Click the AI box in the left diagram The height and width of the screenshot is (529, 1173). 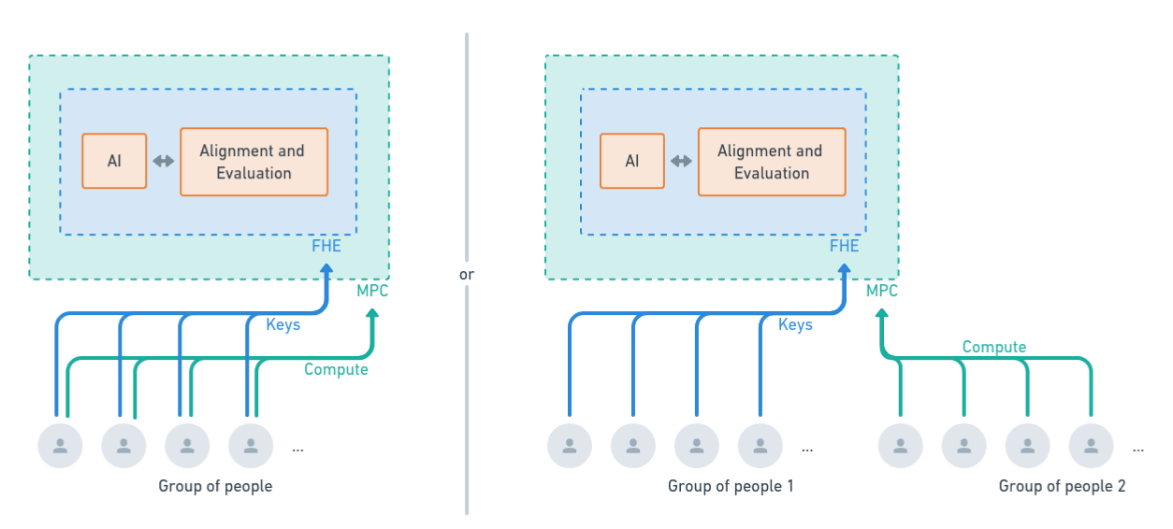click(114, 162)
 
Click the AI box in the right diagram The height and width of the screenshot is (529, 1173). click(632, 162)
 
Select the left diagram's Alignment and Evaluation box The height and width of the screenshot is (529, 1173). click(253, 162)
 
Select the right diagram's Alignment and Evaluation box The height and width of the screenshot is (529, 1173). click(772, 162)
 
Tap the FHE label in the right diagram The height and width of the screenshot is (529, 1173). click(844, 247)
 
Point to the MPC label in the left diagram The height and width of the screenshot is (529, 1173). click(372, 292)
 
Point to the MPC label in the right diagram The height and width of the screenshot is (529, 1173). click(881, 292)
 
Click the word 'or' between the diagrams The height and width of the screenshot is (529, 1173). click(467, 275)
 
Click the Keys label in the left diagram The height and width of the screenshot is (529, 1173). click(283, 325)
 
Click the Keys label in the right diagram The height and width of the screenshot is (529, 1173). click(795, 325)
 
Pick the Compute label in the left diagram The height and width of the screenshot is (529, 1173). click(337, 370)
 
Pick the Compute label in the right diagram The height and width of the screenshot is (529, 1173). click(993, 348)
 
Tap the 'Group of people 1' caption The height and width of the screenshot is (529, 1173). click(730, 486)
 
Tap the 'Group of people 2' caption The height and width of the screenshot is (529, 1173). click(1062, 486)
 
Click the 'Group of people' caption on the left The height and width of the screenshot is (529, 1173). click(215, 486)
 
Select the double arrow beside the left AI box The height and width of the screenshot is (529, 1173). click(164, 162)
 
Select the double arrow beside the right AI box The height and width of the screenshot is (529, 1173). click(681, 162)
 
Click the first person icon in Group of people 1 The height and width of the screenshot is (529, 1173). click(570, 446)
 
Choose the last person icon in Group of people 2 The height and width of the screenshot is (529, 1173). click(1091, 446)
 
